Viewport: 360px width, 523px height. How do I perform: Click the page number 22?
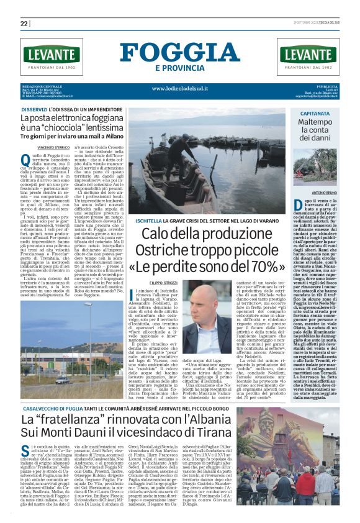(x=24, y=24)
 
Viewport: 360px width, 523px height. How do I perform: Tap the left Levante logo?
(x=51, y=56)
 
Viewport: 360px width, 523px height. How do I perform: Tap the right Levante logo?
(x=308, y=56)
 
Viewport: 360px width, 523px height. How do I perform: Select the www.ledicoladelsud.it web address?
(x=180, y=88)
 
